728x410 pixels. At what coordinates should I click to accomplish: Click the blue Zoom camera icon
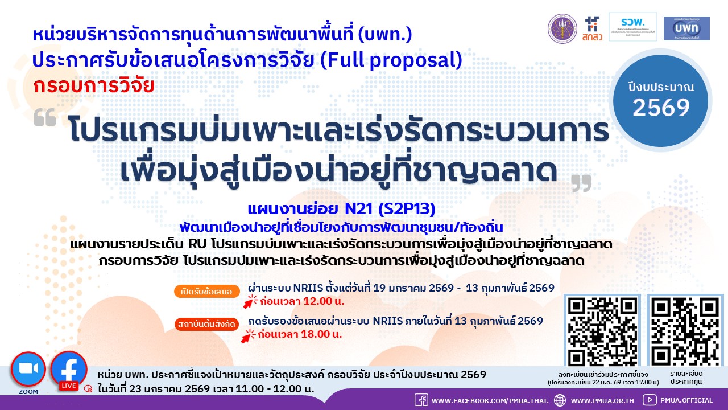[x=28, y=369]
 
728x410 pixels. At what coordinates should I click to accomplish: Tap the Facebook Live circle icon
[x=69, y=369]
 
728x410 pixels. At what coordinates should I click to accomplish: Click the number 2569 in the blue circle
[x=661, y=107]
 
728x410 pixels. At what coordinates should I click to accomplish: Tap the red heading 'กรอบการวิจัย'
[x=94, y=85]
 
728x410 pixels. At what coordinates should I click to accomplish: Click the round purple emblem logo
[x=562, y=28]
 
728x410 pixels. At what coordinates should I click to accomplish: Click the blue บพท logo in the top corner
[x=686, y=28]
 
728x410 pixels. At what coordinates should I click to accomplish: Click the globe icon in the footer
[x=560, y=400]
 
